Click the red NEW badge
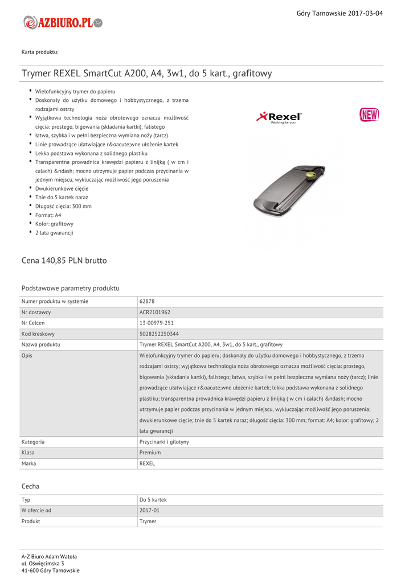point(369,114)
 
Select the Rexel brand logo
point(279,117)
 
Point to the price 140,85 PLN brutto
point(64,261)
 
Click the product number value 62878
point(147,301)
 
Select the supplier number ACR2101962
point(155,312)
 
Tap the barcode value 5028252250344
point(159,334)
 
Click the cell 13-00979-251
point(157,323)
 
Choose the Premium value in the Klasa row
point(150,453)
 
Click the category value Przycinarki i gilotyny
point(164,442)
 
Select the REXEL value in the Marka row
point(147,463)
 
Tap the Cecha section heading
point(30,486)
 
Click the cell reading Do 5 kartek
point(153,500)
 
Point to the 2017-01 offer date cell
point(149,511)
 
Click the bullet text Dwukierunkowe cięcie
point(62,188)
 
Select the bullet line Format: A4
point(48,215)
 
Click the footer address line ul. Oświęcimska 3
point(43,563)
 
